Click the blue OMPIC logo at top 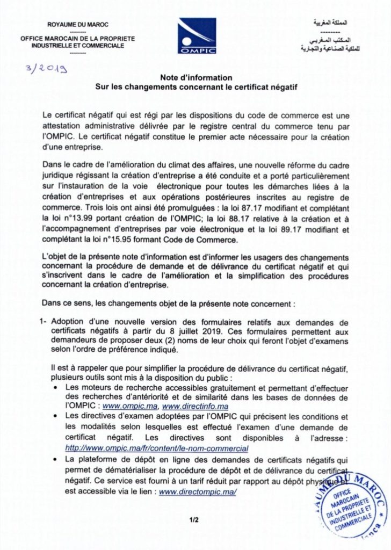pos(197,35)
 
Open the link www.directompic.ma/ pos(198,492)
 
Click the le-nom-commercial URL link pos(156,448)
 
